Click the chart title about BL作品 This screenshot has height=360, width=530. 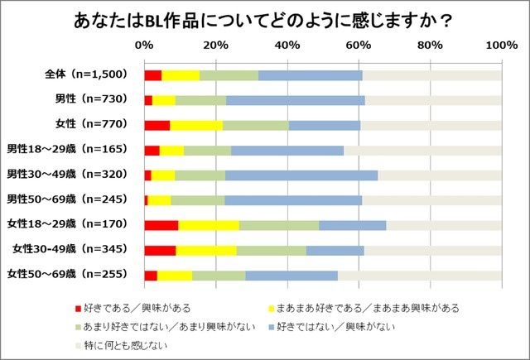click(265, 20)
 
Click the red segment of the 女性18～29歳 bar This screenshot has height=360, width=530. click(161, 224)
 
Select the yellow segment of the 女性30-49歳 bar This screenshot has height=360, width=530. click(206, 249)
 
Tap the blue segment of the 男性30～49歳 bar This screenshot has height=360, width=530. click(301, 175)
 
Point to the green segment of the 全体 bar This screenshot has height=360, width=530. click(229, 75)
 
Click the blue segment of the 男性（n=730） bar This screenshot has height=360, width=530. click(296, 100)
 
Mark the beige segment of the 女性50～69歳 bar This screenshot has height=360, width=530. click(419, 274)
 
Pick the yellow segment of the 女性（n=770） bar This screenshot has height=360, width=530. click(197, 125)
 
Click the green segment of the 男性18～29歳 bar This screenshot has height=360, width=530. click(207, 150)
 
